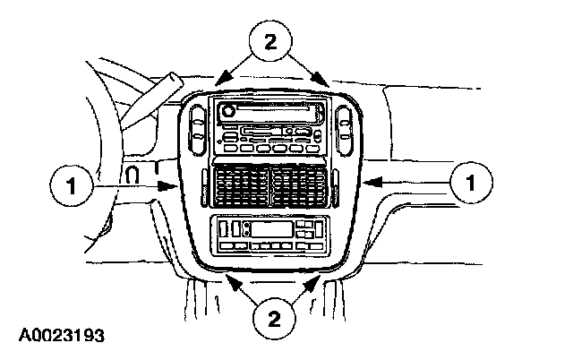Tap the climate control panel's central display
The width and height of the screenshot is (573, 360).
coord(269,231)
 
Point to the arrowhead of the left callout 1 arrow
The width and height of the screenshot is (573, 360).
coord(174,188)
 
